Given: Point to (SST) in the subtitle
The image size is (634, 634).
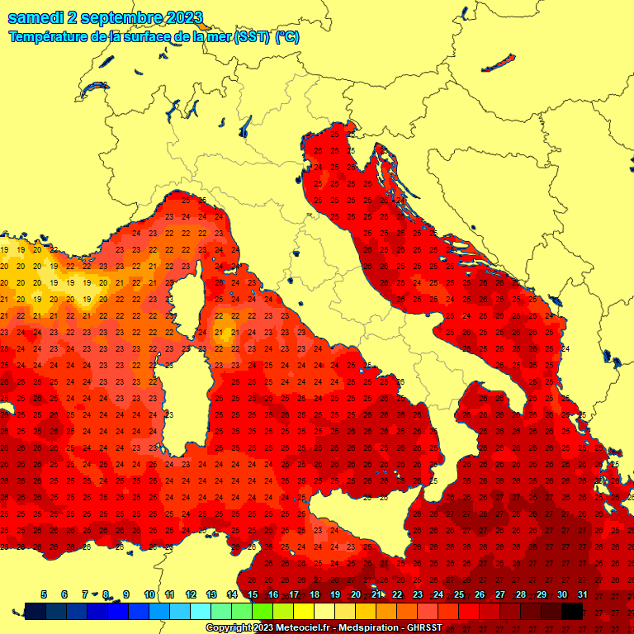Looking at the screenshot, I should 252,37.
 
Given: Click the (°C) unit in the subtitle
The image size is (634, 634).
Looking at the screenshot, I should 286,37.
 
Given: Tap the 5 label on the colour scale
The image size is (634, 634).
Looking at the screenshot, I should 43,594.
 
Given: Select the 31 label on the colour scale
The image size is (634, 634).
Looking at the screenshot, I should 582,594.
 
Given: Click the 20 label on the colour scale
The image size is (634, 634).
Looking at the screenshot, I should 355,594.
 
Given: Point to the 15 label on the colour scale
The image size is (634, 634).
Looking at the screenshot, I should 253,594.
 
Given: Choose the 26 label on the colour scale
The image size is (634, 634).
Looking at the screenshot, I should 480,594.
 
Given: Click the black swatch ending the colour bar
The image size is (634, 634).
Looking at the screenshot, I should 572,611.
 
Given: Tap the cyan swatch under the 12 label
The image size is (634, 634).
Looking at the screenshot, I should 201,611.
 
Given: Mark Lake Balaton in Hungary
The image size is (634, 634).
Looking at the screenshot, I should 498,64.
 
